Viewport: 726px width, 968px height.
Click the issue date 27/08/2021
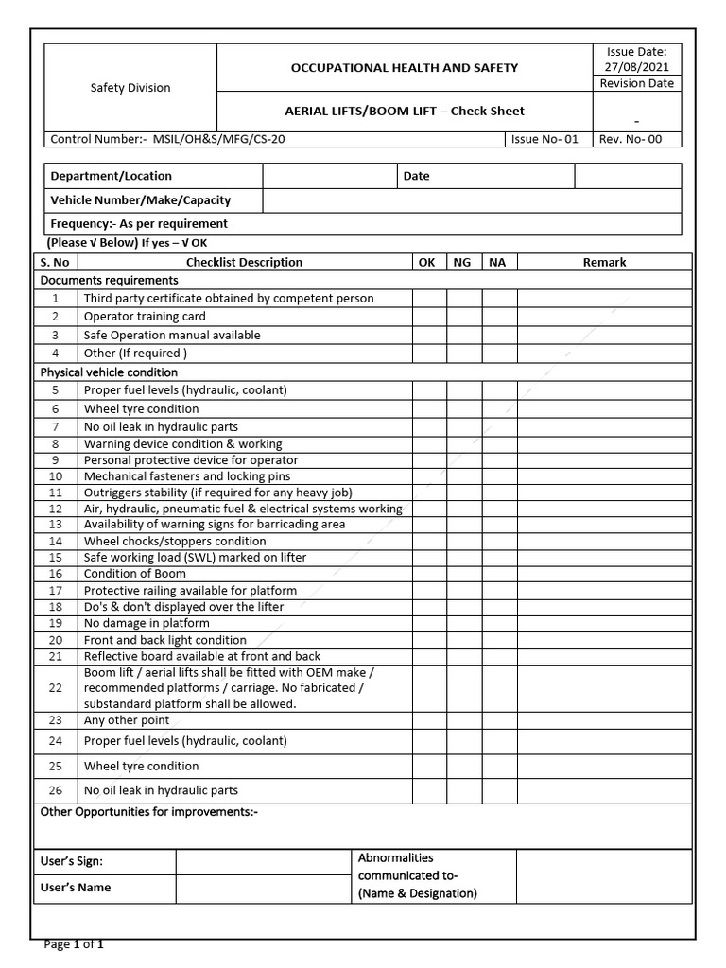coord(635,66)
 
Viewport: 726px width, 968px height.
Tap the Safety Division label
coord(130,88)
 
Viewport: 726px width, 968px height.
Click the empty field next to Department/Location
coord(328,176)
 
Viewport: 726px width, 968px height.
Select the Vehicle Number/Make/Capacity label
coord(141,200)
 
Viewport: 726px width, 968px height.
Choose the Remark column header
coord(604,262)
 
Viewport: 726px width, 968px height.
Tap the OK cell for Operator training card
coord(428,317)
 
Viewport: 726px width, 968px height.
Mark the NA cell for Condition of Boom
coord(499,574)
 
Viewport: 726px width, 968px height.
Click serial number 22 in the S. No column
coord(56,688)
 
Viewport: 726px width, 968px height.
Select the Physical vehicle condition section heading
coord(109,372)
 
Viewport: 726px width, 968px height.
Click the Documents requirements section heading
coord(109,281)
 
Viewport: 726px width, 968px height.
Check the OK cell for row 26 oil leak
coord(428,790)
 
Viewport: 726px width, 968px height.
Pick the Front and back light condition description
coord(165,640)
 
